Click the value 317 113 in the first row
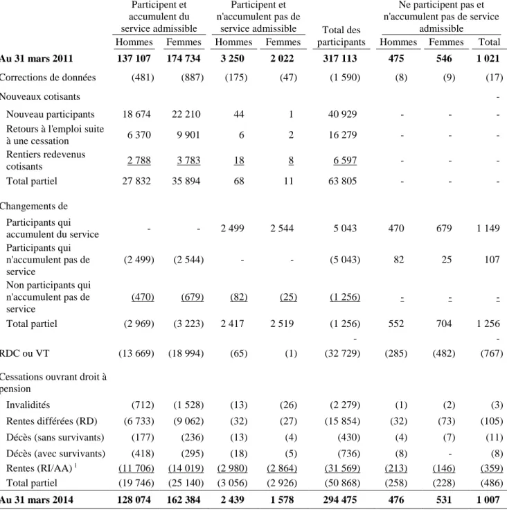[x=340, y=58]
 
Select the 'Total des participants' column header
[x=341, y=36]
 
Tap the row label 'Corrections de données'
[x=48, y=78]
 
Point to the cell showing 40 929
[x=342, y=114]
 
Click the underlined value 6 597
[x=345, y=160]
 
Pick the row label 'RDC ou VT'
[x=24, y=353]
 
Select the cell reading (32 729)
[x=342, y=353]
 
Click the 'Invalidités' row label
[x=28, y=405]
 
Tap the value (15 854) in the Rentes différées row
[x=342, y=421]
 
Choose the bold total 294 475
[x=340, y=499]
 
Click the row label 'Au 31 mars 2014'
[x=37, y=499]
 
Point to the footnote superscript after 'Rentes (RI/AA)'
[x=75, y=465]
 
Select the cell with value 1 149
[x=488, y=228]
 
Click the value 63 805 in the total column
[x=342, y=181]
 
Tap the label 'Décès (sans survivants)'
[x=55, y=437]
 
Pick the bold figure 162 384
[x=184, y=499]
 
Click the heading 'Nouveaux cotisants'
[x=40, y=96]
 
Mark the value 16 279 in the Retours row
[x=342, y=134]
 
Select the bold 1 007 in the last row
[x=488, y=499]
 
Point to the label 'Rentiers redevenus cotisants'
[x=46, y=160]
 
